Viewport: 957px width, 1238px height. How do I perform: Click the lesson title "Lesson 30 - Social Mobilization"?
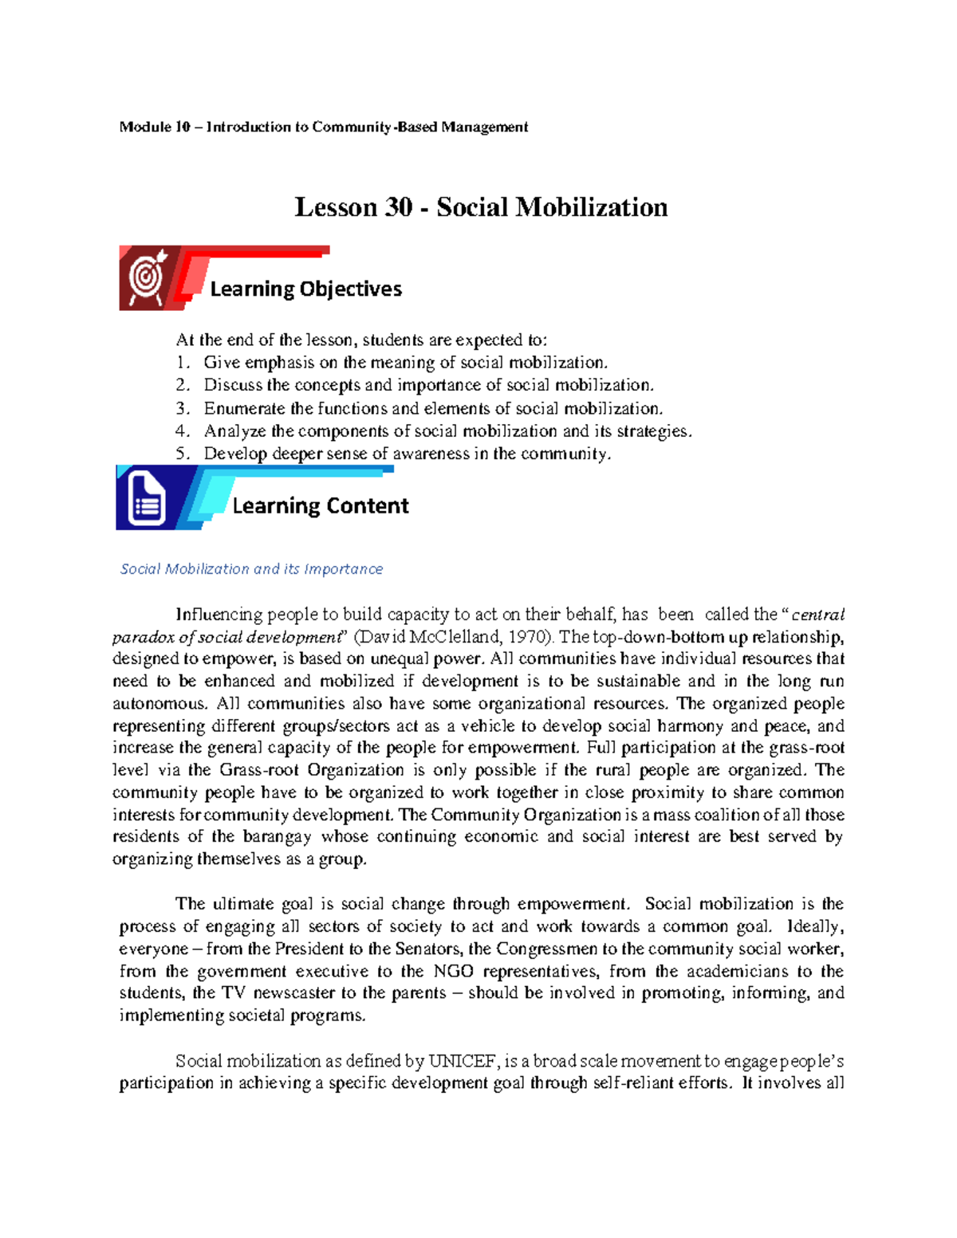[x=481, y=207]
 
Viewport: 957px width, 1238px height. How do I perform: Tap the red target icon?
[x=148, y=277]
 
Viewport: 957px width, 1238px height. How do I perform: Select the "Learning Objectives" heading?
[x=305, y=289]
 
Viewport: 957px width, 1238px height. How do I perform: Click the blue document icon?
[x=146, y=500]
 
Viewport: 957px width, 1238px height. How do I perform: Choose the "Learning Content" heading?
[x=320, y=505]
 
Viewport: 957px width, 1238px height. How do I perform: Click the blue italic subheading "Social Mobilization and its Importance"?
[x=251, y=569]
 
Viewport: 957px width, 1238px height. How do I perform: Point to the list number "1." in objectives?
[x=183, y=363]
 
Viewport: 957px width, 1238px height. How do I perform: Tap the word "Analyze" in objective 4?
[x=234, y=431]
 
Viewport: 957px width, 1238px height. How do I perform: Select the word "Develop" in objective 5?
[x=235, y=454]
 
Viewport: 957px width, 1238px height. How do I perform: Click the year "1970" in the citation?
[x=527, y=637]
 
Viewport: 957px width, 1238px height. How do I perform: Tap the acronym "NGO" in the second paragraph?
[x=453, y=971]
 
